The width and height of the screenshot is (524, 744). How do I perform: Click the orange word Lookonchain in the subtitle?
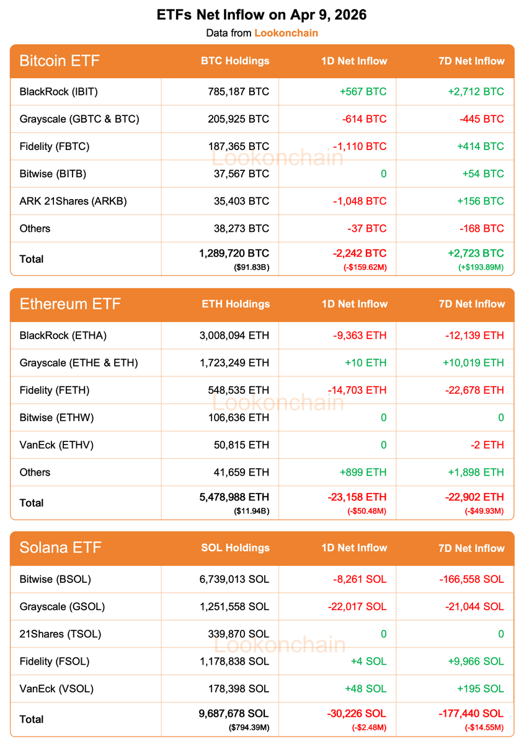tap(286, 33)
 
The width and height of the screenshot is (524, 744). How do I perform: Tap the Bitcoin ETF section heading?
tap(60, 61)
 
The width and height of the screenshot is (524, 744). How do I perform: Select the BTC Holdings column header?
tap(235, 61)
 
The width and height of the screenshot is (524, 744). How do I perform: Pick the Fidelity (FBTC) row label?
tap(55, 146)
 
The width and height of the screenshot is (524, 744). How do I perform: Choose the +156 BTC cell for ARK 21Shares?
tap(483, 201)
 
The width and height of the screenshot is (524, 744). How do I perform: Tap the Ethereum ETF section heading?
tap(70, 304)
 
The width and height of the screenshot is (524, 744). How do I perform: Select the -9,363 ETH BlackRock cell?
tap(357, 335)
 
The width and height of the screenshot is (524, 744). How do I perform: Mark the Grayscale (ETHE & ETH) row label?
tap(79, 363)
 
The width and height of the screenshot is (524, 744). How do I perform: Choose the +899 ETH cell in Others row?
tap(363, 472)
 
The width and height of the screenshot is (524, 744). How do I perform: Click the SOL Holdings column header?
tap(235, 547)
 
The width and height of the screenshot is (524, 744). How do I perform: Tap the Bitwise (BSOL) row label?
tap(55, 579)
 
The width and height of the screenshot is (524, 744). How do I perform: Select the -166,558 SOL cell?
tap(472, 579)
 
